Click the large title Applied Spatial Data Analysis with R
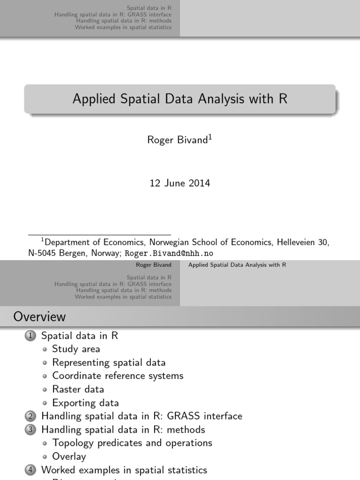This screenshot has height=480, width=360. (180, 99)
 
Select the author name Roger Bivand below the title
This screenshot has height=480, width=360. (178, 140)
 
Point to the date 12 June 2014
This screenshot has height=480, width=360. (180, 183)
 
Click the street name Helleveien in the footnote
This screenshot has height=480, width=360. (298, 242)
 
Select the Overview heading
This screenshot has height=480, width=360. (40, 317)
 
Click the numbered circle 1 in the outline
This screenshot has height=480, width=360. (30, 336)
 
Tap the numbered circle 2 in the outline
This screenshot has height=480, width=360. (30, 416)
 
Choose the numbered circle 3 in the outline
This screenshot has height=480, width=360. (30, 429)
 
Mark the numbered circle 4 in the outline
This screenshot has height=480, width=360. (30, 470)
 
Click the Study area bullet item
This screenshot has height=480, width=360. (76, 349)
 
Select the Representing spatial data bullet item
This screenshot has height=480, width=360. (109, 362)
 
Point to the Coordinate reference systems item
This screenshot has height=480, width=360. (118, 376)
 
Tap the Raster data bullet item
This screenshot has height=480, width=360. (78, 389)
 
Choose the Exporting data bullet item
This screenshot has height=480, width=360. (85, 403)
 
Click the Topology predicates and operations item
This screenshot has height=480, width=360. (132, 443)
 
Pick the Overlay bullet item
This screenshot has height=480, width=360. (69, 456)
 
